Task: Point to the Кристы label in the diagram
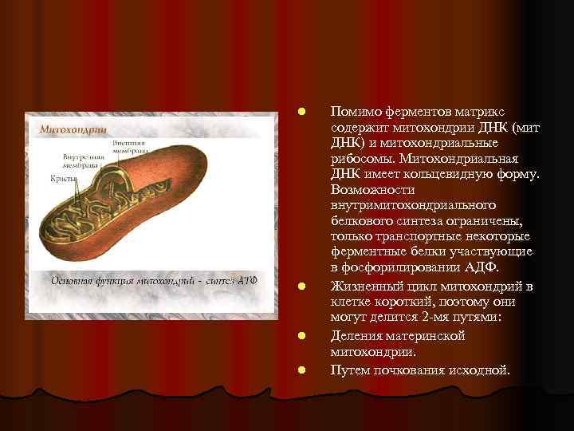point(64,179)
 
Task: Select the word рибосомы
point(357,157)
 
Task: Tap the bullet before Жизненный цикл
point(297,286)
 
